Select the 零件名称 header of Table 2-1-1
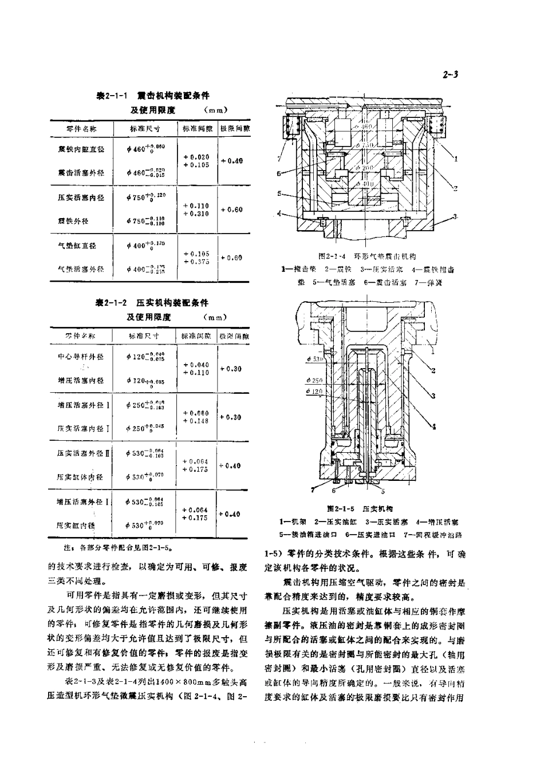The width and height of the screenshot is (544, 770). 81,129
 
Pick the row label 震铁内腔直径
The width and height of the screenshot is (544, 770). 81,149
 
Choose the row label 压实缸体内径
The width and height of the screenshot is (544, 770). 80,476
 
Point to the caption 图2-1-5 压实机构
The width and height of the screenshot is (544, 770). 360,508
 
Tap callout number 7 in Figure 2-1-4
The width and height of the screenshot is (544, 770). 279,159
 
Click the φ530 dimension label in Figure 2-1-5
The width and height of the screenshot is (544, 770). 315,359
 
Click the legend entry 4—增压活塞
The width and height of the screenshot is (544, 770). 437,522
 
